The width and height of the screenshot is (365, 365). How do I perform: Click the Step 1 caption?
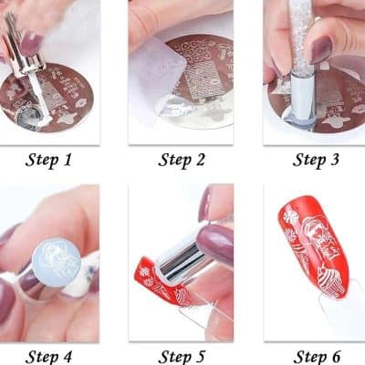(x=51, y=161)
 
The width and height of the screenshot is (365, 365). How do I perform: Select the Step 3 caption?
(x=318, y=161)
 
